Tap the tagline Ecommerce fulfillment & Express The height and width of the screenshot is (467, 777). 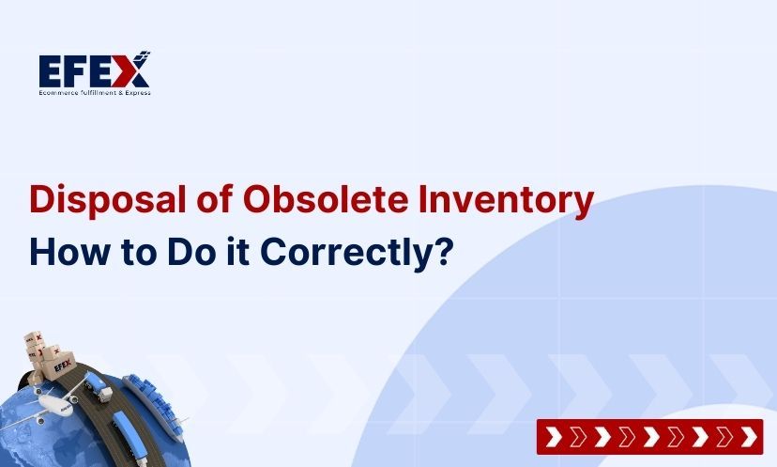pos(94,92)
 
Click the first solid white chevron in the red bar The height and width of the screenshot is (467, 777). pos(554,437)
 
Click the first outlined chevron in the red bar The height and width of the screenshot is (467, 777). pos(577,437)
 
